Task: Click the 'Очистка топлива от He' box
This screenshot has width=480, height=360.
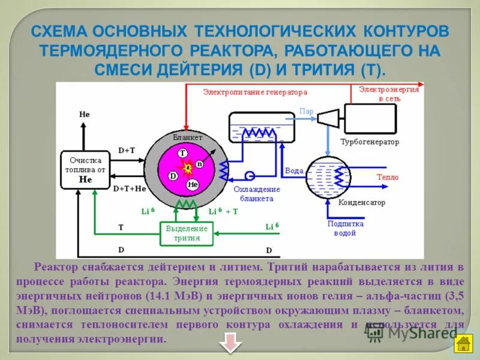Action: pyautogui.click(x=85, y=170)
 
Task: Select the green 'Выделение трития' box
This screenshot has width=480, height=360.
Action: pyautogui.click(x=187, y=233)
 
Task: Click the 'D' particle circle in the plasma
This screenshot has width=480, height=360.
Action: pyautogui.click(x=173, y=176)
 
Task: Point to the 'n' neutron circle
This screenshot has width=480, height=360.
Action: pyautogui.click(x=200, y=164)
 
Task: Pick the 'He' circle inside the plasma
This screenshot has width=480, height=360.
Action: pyautogui.click(x=193, y=184)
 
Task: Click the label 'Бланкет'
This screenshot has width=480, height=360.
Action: pyautogui.click(x=187, y=137)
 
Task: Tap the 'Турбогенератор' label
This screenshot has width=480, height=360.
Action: pyautogui.click(x=370, y=142)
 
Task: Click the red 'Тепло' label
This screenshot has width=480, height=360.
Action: pyautogui.click(x=387, y=177)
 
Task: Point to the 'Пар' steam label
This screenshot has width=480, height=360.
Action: pyautogui.click(x=306, y=112)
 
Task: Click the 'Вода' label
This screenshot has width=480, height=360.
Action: pyautogui.click(x=294, y=171)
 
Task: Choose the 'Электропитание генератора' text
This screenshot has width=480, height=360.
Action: pyautogui.click(x=255, y=92)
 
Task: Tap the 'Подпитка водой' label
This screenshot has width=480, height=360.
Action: pyautogui.click(x=346, y=227)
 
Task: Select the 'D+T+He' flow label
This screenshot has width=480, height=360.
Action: pyautogui.click(x=130, y=188)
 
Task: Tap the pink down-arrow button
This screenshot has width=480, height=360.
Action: pyautogui.click(x=230, y=344)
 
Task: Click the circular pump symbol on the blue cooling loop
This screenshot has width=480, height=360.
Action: pyautogui.click(x=250, y=175)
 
